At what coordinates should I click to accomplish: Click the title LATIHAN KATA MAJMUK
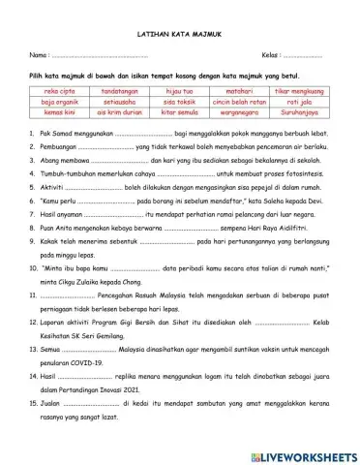180,32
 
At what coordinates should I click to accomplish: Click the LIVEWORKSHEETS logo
300,453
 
